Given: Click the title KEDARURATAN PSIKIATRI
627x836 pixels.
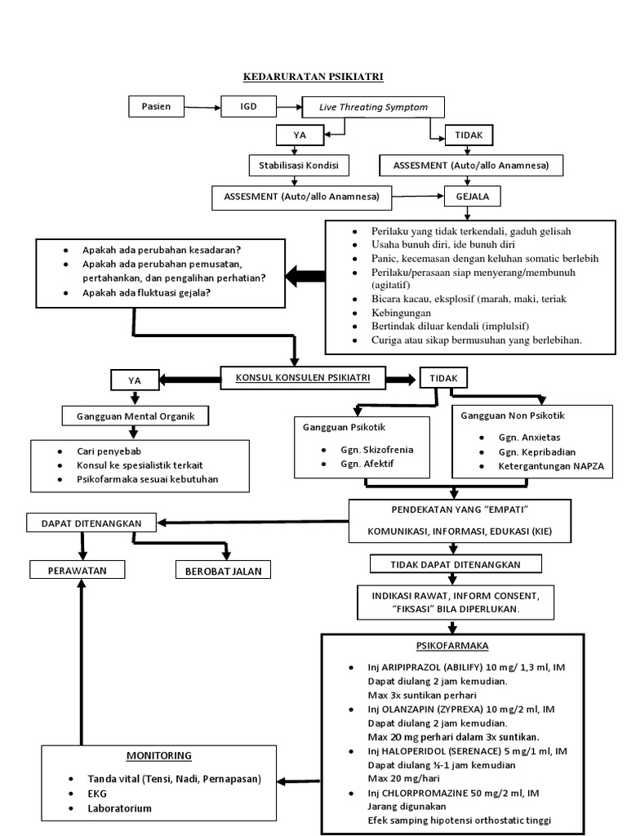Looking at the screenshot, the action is tap(313, 77).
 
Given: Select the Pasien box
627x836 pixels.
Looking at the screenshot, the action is tap(156, 106).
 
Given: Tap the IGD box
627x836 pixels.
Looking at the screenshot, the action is tap(248, 106).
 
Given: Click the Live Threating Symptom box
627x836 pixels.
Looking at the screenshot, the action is tap(373, 107).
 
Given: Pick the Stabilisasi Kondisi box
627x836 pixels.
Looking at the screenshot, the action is tap(299, 165).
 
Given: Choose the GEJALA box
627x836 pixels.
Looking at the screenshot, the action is tap(473, 196).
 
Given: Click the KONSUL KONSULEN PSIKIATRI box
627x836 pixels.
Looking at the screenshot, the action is tap(303, 377).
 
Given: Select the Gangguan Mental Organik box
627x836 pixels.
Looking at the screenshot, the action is tap(136, 416).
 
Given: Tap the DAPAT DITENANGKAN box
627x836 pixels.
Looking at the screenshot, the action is tap(91, 523).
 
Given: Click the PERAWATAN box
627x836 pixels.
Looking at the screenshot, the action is tap(78, 570).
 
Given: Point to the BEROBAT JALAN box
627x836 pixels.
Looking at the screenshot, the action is tap(224, 571).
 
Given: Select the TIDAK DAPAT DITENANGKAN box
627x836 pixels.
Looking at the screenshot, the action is tap(456, 564).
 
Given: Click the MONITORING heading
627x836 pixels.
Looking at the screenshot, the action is tap(159, 755).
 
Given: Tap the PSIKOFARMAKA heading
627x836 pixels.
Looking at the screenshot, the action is tap(452, 646).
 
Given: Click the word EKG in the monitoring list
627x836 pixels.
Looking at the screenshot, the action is tap(97, 794).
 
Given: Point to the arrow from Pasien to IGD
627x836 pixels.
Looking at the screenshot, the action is tap(202, 108).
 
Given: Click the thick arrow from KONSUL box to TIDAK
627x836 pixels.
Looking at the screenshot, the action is tap(400, 380).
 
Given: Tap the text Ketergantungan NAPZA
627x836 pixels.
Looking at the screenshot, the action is tap(551, 466).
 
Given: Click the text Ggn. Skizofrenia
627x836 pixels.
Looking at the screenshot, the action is tap(377, 450).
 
